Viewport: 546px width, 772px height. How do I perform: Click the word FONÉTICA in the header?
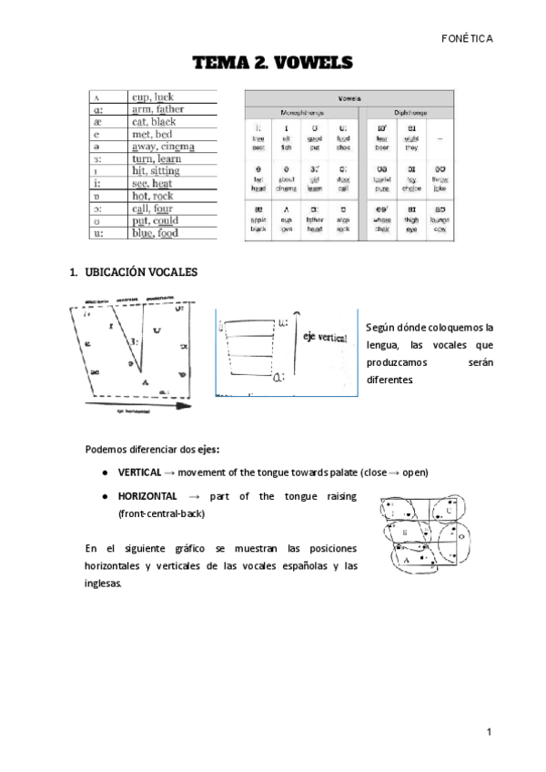466,38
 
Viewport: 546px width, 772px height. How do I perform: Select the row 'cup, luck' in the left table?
152,96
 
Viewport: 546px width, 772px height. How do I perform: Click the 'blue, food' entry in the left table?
155,232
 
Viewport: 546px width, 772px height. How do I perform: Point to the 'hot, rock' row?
152,196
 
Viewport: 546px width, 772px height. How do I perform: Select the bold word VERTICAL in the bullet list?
139,473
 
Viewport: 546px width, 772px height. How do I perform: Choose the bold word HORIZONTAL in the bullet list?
147,496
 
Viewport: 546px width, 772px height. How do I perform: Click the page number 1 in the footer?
489,731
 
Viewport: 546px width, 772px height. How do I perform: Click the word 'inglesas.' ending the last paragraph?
103,584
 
